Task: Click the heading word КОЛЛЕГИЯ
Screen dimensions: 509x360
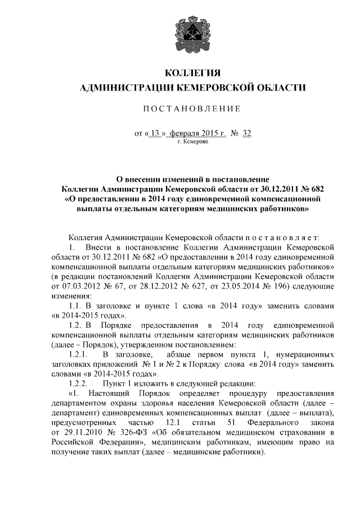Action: [193, 74]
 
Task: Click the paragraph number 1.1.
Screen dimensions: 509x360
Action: [76, 305]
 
